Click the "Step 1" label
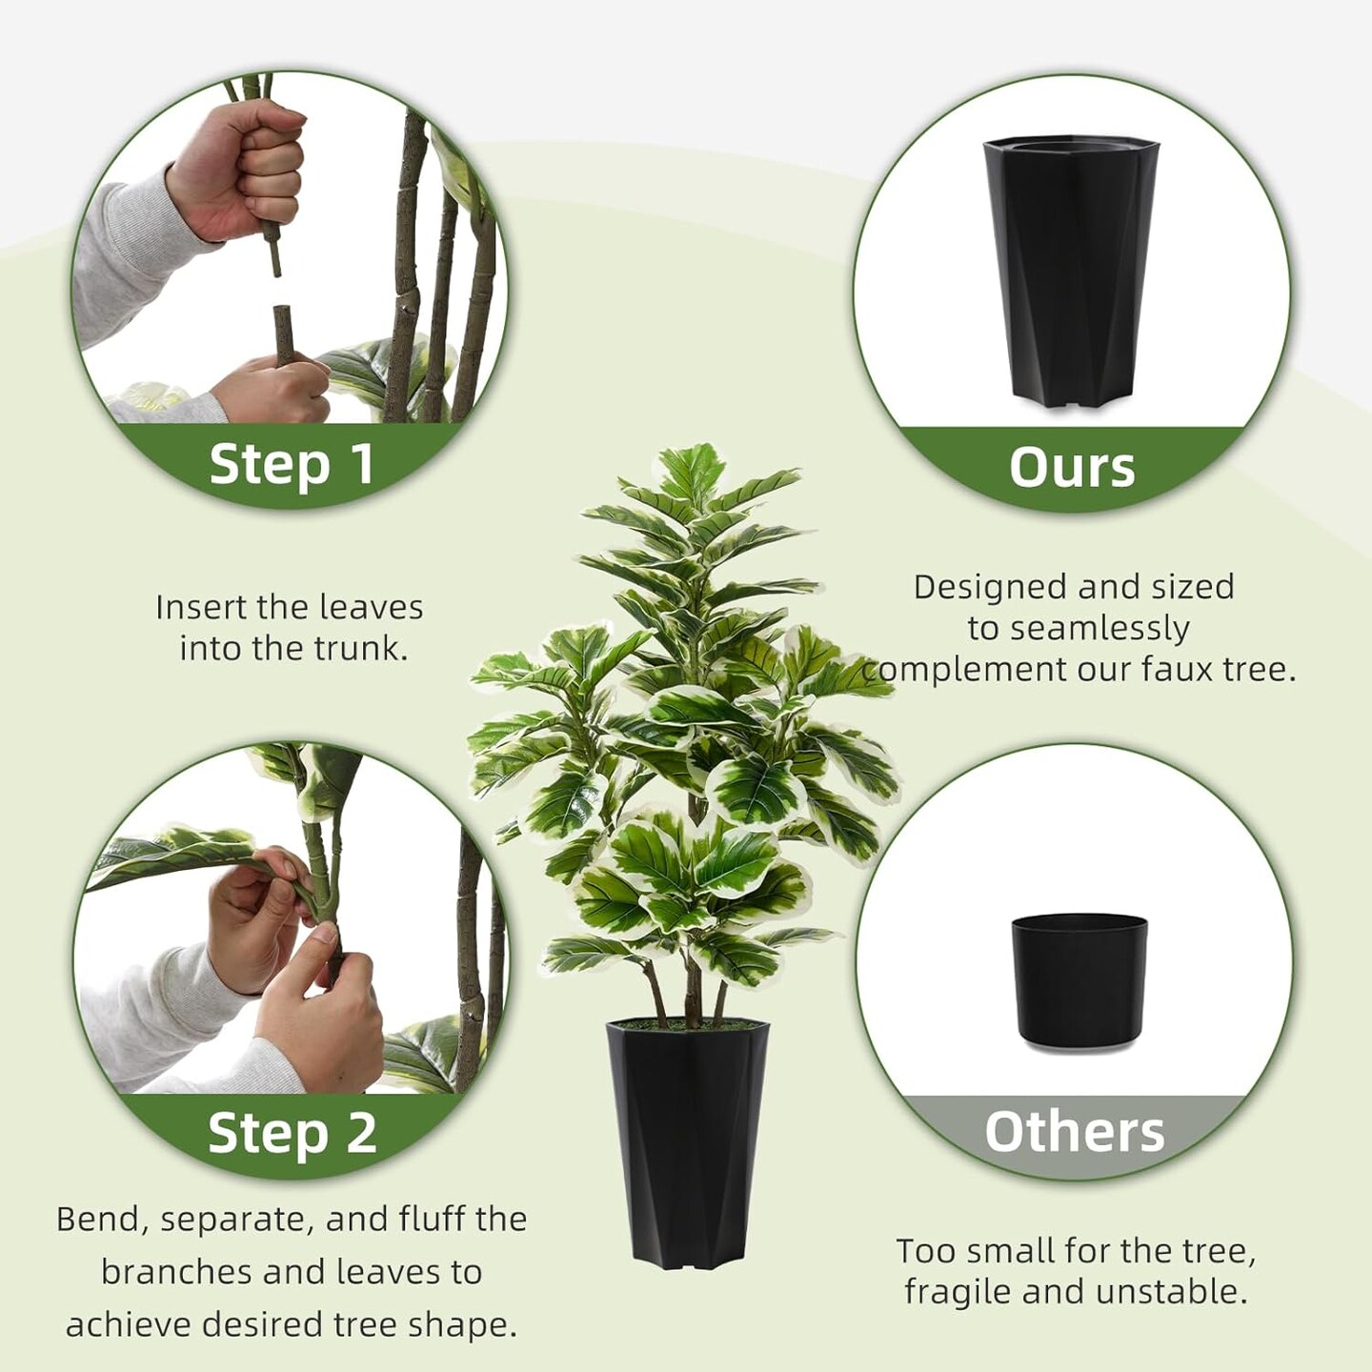click(x=291, y=464)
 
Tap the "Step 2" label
click(x=292, y=1133)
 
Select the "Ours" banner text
click(x=1072, y=467)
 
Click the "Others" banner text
click(x=1074, y=1132)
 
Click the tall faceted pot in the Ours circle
click(x=1071, y=272)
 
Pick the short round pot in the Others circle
click(x=1079, y=979)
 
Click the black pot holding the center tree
click(x=687, y=1143)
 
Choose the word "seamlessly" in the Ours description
click(x=1100, y=629)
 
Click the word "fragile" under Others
click(x=956, y=1292)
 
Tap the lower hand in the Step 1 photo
click(x=267, y=386)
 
